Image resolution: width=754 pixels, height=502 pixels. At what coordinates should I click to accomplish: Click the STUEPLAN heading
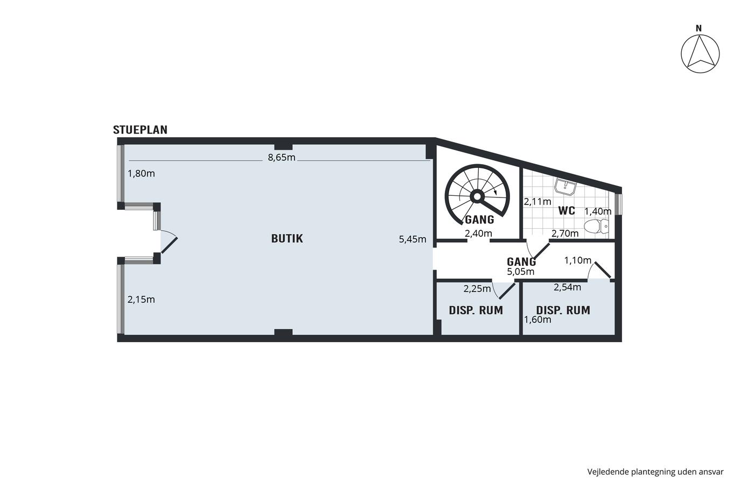140,130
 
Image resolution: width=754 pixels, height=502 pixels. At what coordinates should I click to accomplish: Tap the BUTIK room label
287,238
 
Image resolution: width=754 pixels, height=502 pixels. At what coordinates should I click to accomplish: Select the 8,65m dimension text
281,157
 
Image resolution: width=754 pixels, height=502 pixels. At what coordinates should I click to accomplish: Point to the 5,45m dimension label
413,239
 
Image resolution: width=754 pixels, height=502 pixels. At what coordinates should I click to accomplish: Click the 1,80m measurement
141,173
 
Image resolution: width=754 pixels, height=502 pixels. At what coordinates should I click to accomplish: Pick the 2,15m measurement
141,299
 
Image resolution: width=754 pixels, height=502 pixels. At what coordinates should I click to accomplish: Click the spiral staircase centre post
477,196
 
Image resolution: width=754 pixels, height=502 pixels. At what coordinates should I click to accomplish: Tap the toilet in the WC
596,226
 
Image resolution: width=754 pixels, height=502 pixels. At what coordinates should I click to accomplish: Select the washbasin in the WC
566,187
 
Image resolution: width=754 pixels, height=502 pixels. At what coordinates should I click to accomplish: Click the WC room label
567,211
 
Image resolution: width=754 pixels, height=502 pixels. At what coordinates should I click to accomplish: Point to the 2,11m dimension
537,202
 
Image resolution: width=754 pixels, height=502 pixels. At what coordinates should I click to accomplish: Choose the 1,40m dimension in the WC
597,211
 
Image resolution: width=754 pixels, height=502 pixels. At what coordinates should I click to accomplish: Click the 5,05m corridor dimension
520,272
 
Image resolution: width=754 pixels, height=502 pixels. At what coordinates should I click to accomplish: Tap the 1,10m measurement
577,260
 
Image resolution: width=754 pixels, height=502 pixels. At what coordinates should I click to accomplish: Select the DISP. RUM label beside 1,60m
563,310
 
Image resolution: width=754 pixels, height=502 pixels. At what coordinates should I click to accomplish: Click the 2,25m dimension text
477,289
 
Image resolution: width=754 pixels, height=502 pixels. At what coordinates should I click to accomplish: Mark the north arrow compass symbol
700,54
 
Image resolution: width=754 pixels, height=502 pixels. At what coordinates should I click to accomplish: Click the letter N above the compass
699,29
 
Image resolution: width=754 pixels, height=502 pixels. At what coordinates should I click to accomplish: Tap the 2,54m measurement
567,287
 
